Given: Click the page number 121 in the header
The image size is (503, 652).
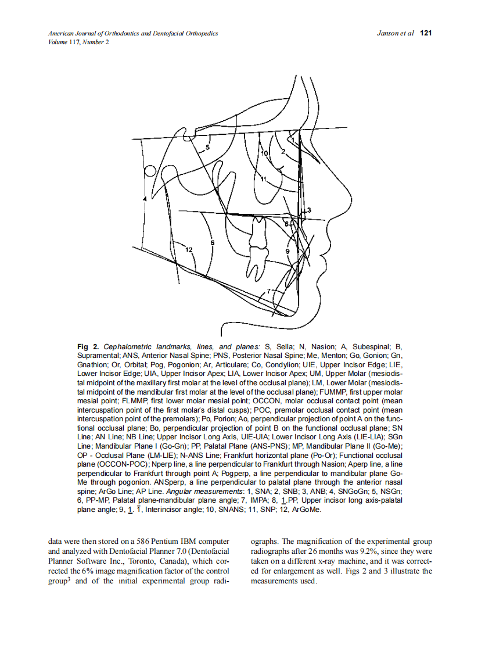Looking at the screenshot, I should [426, 34].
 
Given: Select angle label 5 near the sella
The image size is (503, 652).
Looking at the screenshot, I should [208, 148].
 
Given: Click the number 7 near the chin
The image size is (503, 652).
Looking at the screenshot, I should [268, 291].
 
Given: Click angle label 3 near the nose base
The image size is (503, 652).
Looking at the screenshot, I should [309, 210].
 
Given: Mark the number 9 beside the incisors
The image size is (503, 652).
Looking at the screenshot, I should [287, 250].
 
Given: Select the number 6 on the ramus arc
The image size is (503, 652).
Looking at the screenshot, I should [212, 242].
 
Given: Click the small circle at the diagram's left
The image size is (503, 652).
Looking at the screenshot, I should [150, 171].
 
